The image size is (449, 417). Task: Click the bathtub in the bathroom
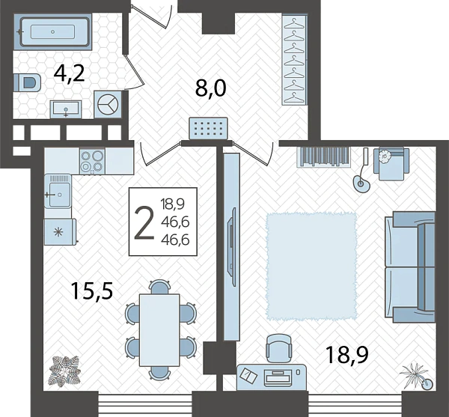[55, 31]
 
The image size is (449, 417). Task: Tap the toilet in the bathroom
[27, 82]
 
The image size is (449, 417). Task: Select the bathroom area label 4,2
[70, 74]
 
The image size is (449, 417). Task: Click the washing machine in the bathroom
[108, 105]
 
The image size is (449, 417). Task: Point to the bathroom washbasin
[66, 109]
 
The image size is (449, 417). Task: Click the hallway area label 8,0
[211, 88]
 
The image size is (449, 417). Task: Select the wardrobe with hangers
[295, 60]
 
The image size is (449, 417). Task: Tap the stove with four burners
[92, 160]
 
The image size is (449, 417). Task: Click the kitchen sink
[58, 191]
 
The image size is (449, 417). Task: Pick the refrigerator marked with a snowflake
[60, 232]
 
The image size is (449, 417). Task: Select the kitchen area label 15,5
[92, 290]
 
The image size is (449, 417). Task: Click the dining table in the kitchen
[159, 330]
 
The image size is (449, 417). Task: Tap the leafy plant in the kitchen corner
[64, 371]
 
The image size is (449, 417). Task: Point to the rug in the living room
[311, 266]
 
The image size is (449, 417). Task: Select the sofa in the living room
[410, 267]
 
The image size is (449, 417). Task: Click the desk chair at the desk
[279, 350]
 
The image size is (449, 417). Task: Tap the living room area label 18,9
[346, 355]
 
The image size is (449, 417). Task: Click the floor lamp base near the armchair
[362, 183]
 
